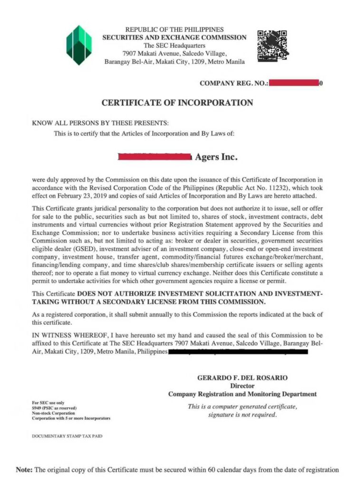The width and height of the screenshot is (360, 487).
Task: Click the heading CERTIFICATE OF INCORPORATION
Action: pyautogui.click(x=177, y=103)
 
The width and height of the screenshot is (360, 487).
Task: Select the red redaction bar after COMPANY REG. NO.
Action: pyautogui.click(x=293, y=83)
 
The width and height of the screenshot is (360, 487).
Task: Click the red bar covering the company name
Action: pyautogui.click(x=155, y=156)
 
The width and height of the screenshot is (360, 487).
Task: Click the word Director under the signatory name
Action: pyautogui.click(x=242, y=386)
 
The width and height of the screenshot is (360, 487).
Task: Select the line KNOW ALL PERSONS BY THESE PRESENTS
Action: pyautogui.click(x=100, y=123)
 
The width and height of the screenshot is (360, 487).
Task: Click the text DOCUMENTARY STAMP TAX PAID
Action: pyautogui.click(x=67, y=436)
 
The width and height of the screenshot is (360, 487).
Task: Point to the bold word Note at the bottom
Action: pyautogui.click(x=24, y=470)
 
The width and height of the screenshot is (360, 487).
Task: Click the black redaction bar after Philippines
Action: pyautogui.click(x=238, y=352)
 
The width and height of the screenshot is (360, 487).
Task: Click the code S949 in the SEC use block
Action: pyautogui.click(x=38, y=408)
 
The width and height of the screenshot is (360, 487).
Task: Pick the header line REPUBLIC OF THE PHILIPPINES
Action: pyautogui.click(x=175, y=29)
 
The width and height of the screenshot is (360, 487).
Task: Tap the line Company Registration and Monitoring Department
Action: pyautogui.click(x=242, y=394)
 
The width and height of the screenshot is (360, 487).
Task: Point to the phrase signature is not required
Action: pyautogui.click(x=242, y=415)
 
